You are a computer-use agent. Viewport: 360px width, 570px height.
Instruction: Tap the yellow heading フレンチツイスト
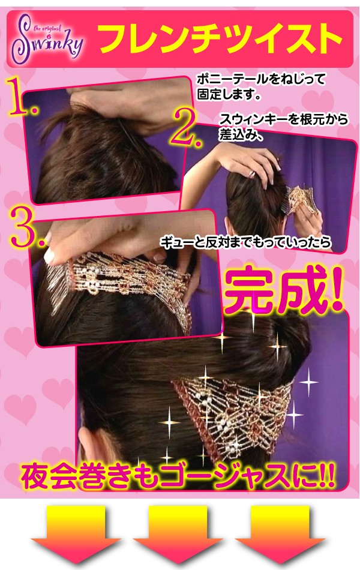click(220, 39)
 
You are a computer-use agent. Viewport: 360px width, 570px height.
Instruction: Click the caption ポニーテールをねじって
click(261, 79)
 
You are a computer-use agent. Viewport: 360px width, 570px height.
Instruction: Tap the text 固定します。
click(229, 95)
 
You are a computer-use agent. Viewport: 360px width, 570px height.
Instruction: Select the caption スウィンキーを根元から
click(284, 119)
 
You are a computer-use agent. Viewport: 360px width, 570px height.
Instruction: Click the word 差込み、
click(241, 134)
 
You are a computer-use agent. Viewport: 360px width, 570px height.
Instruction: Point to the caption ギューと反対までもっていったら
click(246, 242)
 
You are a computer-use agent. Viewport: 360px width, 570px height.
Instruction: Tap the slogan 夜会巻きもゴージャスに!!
click(178, 475)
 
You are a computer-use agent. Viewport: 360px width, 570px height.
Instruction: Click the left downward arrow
click(76, 533)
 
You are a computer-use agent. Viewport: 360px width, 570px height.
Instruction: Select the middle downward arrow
click(178, 533)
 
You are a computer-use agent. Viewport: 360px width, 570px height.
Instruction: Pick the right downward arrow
click(280, 533)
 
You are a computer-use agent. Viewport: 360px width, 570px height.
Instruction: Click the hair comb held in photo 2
click(301, 199)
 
